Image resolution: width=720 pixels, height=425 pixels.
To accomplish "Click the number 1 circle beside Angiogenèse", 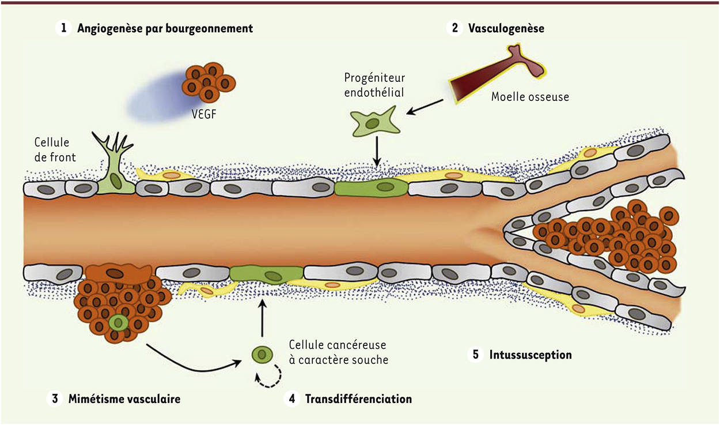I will (x=62, y=28).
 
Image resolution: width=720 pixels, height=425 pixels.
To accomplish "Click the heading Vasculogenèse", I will (x=506, y=28).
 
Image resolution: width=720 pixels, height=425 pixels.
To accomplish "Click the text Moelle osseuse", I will (x=530, y=97).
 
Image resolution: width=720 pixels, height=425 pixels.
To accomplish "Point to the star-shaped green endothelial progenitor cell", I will (x=374, y=123).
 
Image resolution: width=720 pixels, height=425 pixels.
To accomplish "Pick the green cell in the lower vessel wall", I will (x=266, y=273).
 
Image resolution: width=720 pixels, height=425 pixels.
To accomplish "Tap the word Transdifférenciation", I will (x=358, y=398).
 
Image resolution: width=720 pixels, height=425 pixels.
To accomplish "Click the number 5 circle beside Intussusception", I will (x=475, y=354).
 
